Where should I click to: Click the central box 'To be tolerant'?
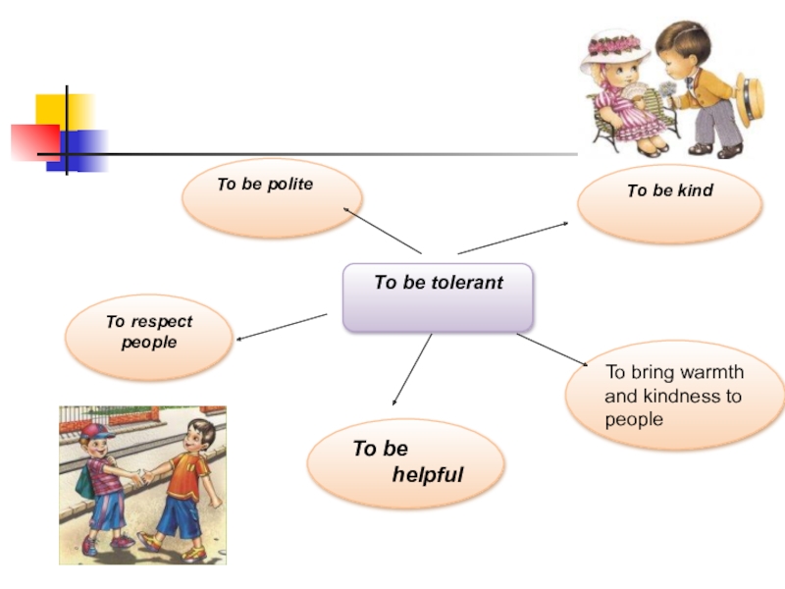pos(438,296)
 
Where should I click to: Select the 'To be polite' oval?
pos(272,197)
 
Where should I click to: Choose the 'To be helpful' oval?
pos(405,462)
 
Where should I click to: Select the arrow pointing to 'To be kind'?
pos(512,238)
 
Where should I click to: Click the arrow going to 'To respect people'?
pos(282,327)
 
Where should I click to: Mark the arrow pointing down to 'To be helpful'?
pos(412,369)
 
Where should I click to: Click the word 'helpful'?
pos(428,476)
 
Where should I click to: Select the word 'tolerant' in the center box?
pos(465,283)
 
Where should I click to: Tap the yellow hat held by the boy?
pos(753,98)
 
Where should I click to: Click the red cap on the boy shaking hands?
pos(97,430)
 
